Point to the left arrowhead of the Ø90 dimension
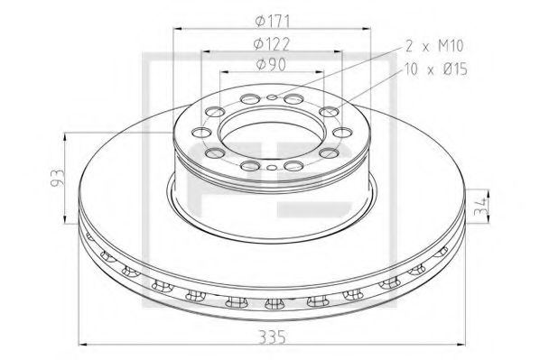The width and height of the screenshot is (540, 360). [224, 70]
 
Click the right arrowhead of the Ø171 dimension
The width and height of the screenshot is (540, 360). [373, 25]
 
